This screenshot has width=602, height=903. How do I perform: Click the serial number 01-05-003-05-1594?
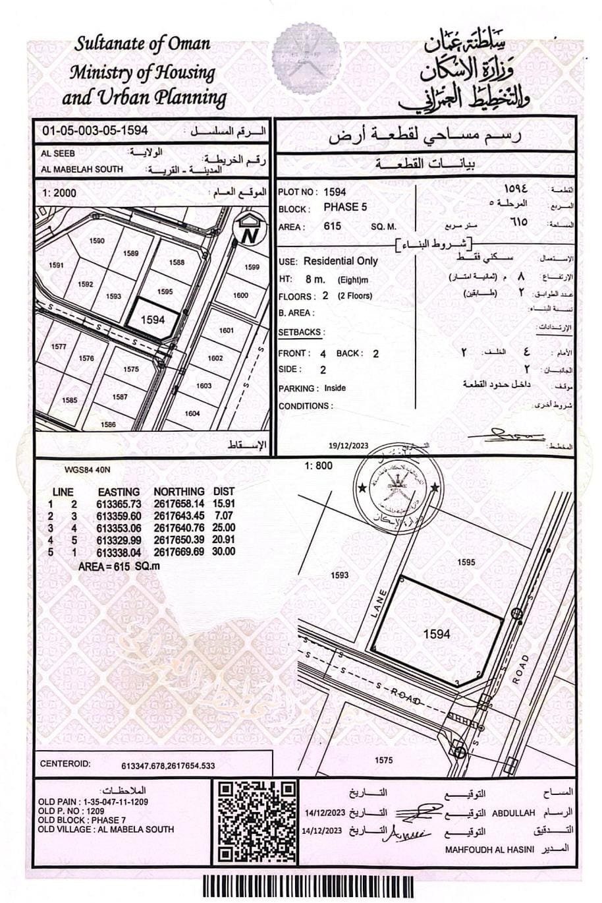[x=95, y=131]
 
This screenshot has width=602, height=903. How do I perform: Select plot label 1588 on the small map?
[x=177, y=262]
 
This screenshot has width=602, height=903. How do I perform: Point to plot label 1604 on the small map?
[x=192, y=413]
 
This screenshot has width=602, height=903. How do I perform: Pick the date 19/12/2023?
[x=349, y=446]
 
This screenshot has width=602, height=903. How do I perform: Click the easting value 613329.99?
[x=118, y=540]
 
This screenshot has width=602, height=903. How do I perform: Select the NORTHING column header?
[x=178, y=492]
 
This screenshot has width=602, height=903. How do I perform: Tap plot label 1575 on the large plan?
[x=384, y=760]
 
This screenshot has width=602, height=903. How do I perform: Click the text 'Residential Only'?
[x=341, y=261]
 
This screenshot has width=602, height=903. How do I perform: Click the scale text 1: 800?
[x=319, y=465]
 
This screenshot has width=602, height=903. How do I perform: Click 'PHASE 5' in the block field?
[x=346, y=207]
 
